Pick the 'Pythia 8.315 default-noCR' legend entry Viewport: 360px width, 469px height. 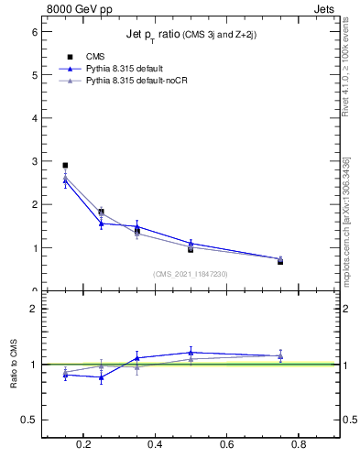(136, 81)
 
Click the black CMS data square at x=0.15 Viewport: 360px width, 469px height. (65, 166)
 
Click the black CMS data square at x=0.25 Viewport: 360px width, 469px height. (101, 212)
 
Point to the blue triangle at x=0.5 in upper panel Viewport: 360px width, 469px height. (191, 243)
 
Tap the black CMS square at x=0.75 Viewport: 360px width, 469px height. (280, 262)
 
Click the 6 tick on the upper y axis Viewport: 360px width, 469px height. (34, 31)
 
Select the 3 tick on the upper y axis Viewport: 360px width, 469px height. (34, 161)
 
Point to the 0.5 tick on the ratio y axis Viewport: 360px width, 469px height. (29, 420)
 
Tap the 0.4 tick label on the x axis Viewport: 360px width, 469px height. (155, 446)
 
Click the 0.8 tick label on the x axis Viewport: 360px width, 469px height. (298, 446)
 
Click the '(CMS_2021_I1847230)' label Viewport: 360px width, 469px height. (191, 274)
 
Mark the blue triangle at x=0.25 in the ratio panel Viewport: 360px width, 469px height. (101, 377)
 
